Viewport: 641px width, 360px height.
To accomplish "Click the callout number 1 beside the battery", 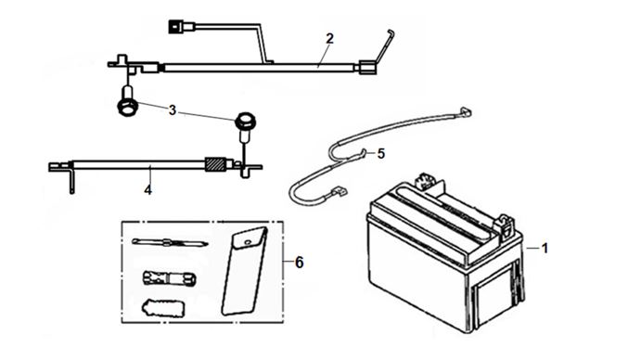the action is pos(545,248).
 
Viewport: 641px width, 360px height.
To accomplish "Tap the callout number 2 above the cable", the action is pos(329,38).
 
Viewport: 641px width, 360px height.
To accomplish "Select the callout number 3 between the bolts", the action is pos(173,110).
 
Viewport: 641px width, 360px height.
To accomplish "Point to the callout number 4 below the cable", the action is pos(148,190).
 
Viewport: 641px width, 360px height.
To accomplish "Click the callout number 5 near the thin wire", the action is pos(381,154).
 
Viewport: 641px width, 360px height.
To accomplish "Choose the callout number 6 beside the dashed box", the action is pos(300,263).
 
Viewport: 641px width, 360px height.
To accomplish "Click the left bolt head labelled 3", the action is pos(127,108).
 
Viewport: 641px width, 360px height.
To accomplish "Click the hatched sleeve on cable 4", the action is pos(215,164).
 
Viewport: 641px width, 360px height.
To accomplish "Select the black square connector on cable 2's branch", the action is pos(175,28).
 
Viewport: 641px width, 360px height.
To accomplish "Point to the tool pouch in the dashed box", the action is pos(245,271).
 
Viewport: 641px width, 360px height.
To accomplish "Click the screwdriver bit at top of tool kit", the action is pos(170,242).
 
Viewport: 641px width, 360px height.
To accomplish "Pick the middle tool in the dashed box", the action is pos(169,277).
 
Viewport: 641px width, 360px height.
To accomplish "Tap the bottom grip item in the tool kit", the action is pos(163,308).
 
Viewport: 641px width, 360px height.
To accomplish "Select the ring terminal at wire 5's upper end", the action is pos(466,111).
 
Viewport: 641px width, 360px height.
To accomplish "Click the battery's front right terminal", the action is pos(506,226).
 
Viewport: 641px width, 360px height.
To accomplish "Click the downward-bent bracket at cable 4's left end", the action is pos(72,177).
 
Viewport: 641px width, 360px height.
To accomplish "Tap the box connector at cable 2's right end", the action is pos(366,68).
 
